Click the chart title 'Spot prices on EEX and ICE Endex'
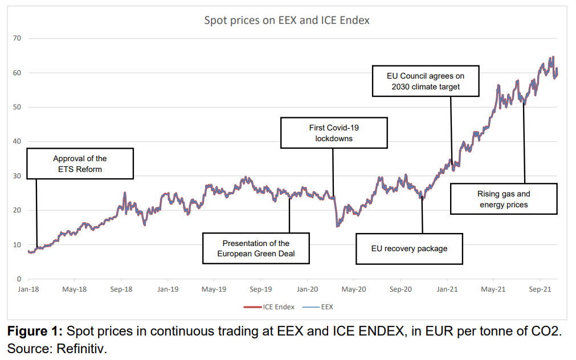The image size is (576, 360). tap(287, 21)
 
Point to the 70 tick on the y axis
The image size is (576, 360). tap(17, 38)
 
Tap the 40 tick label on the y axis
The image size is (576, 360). tap(17, 141)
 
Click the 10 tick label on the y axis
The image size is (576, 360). tap(17, 245)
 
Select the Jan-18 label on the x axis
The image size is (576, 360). tap(28, 289)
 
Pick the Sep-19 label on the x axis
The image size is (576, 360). tap(260, 289)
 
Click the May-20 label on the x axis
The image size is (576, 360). tap(353, 289)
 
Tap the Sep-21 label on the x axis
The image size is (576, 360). tap(540, 289)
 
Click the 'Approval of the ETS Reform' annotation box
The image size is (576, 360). tap(80, 163)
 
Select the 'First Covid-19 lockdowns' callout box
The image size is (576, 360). tap(334, 133)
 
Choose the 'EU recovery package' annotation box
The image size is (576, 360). tap(410, 248)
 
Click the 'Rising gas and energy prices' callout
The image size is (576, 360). tap(504, 199)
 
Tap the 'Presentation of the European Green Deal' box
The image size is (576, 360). tap(256, 248)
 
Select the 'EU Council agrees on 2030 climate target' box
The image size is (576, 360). tap(426, 80)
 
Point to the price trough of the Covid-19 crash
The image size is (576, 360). tap(337, 226)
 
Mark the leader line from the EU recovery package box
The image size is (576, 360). tap(422, 216)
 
